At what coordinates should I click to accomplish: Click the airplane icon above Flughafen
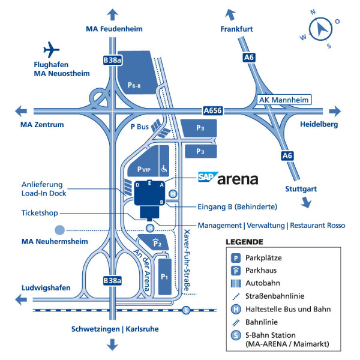(x=51, y=50)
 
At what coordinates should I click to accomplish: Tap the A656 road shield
(x=213, y=110)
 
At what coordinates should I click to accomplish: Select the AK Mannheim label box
(x=284, y=100)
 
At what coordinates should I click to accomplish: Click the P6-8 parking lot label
(x=134, y=85)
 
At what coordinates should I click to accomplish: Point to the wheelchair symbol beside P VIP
(x=164, y=169)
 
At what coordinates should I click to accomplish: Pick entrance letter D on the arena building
(x=137, y=185)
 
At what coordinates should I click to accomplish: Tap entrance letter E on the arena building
(x=149, y=183)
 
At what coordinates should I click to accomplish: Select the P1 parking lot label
(x=164, y=277)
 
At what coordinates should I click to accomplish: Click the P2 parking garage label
(x=157, y=243)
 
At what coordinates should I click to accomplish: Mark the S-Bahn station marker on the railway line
(x=186, y=310)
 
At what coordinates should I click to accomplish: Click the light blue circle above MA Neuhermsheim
(x=59, y=230)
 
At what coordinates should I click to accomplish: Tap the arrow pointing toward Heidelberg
(x=335, y=112)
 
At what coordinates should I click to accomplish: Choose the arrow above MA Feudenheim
(x=113, y=14)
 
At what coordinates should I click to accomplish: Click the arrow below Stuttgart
(x=306, y=203)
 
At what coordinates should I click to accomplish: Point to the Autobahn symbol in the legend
(x=236, y=284)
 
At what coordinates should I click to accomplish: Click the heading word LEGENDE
(x=245, y=242)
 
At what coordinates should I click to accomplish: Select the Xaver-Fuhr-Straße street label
(x=187, y=260)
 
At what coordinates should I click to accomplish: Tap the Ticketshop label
(x=40, y=213)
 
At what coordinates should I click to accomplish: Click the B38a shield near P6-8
(x=112, y=60)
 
